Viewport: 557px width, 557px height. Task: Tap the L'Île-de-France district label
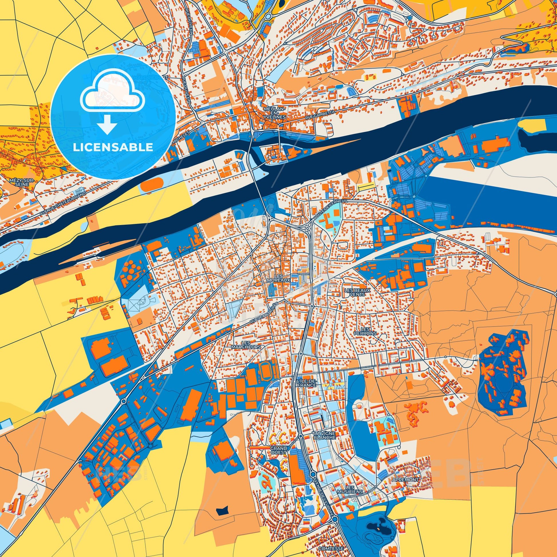[306, 383]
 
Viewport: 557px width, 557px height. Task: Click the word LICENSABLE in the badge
[113, 147]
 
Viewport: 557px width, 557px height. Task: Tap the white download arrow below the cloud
[107, 124]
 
